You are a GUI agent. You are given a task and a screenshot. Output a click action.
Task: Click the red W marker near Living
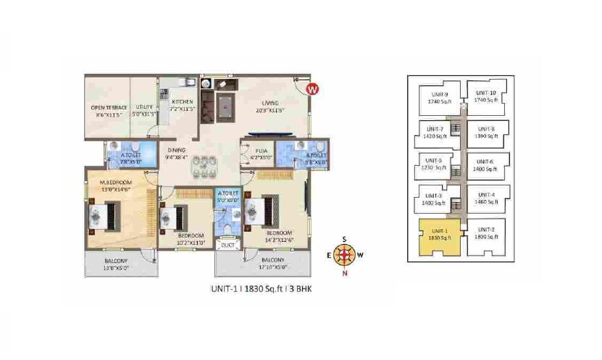pyautogui.click(x=312, y=90)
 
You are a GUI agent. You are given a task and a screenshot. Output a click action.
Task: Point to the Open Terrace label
pyautogui.click(x=107, y=106)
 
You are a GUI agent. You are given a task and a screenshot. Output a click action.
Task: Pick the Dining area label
pyautogui.click(x=177, y=152)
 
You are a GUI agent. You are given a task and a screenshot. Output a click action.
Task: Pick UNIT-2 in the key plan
pyautogui.click(x=487, y=233)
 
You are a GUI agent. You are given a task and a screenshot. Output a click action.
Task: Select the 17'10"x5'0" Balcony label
pyautogui.click(x=273, y=263)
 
